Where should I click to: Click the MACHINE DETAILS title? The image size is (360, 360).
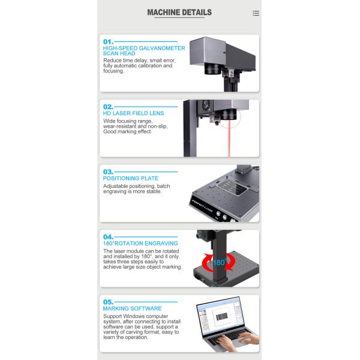(x=179, y=13)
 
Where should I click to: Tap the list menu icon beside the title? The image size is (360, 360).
(x=256, y=13)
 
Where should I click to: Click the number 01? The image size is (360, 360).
(x=108, y=42)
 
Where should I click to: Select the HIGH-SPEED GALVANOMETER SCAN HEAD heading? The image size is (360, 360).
(x=144, y=51)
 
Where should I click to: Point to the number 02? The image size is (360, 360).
(x=108, y=107)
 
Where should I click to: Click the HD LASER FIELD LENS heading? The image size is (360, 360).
(x=133, y=113)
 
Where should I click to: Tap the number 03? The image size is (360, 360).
(x=108, y=172)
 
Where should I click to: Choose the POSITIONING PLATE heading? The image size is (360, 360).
(x=131, y=178)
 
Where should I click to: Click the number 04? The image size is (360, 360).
(x=108, y=237)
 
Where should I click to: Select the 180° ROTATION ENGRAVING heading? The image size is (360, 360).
(x=140, y=244)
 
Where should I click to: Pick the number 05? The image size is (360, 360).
(x=108, y=302)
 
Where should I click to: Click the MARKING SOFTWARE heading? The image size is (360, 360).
(x=132, y=308)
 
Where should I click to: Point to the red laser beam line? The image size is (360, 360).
(x=229, y=139)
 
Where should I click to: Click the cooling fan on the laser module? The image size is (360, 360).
(x=206, y=106)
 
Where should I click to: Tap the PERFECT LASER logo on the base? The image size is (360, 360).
(x=202, y=206)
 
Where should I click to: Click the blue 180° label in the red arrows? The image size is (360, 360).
(x=219, y=262)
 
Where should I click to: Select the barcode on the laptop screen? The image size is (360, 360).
(x=222, y=317)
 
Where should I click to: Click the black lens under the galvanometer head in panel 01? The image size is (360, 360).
(x=212, y=68)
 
